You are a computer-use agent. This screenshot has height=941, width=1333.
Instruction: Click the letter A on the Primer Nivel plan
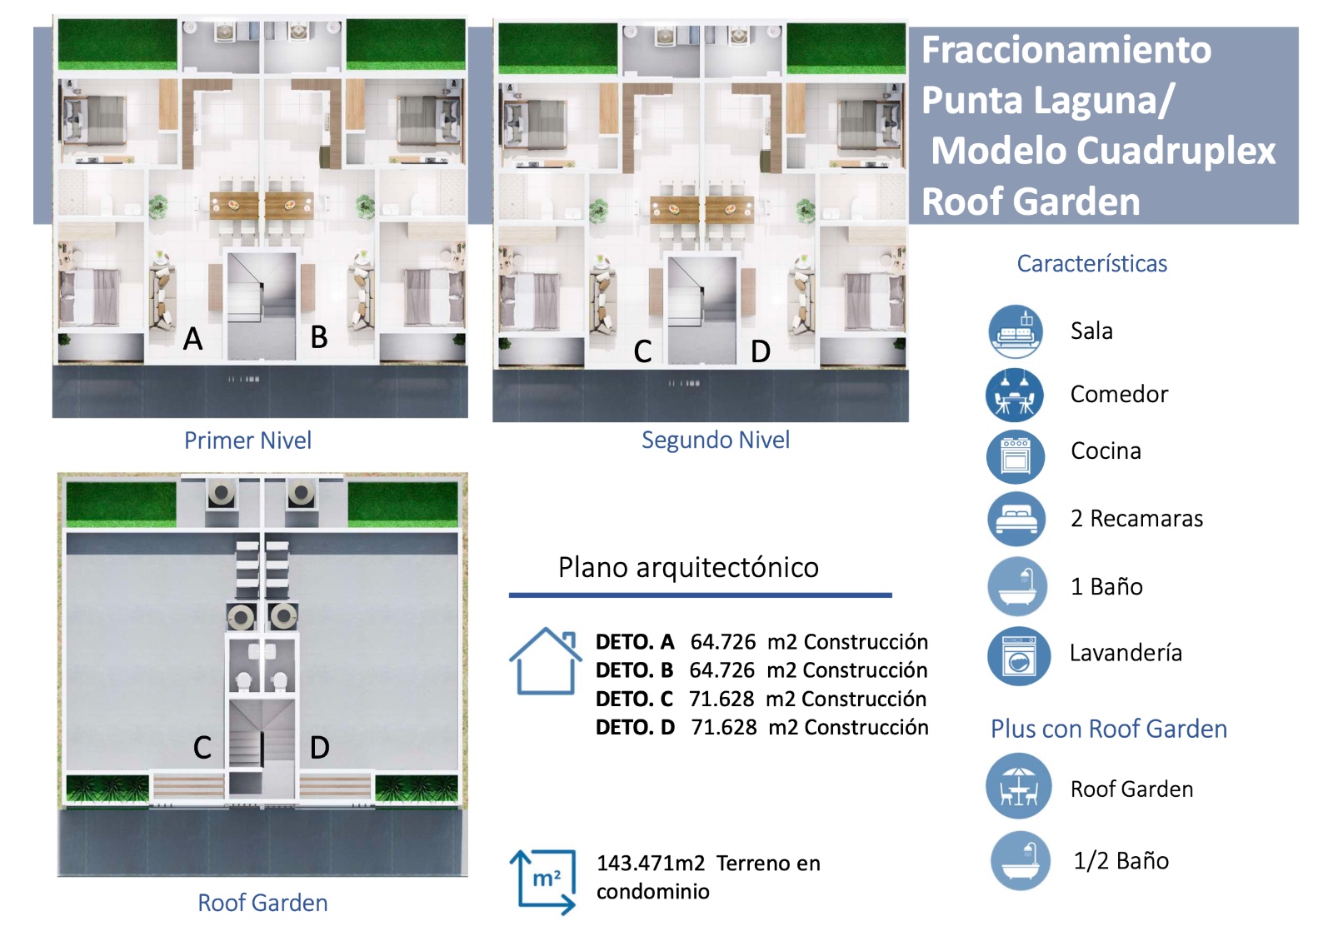(x=192, y=339)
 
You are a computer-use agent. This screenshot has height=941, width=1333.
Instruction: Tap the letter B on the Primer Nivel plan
(x=319, y=336)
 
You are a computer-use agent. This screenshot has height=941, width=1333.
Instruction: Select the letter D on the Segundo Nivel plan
(x=761, y=351)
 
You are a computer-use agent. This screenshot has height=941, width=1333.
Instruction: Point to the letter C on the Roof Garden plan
(x=202, y=747)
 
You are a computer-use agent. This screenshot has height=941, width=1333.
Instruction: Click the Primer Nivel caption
(x=247, y=441)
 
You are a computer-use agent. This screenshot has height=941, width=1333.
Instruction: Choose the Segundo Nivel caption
(x=716, y=441)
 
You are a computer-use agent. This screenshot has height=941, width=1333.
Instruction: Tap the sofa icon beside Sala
(x=1016, y=331)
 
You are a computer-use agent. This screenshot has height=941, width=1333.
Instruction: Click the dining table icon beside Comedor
(x=1015, y=395)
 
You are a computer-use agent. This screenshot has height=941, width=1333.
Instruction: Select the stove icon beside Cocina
(x=1016, y=457)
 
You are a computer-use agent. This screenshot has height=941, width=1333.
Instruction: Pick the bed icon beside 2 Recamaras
(x=1016, y=520)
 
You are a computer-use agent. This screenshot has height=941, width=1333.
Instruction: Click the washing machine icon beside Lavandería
(x=1019, y=655)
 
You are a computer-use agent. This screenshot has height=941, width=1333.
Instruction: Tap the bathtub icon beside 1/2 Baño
(x=1021, y=860)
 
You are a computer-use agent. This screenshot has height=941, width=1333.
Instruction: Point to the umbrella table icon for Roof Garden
(x=1019, y=786)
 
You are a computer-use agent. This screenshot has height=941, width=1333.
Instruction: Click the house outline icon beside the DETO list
(x=545, y=661)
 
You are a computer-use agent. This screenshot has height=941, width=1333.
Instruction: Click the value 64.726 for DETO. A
(x=723, y=642)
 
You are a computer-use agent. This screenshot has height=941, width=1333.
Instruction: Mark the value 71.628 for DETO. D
(x=724, y=727)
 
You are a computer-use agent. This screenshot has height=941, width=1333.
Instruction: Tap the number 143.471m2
(x=651, y=863)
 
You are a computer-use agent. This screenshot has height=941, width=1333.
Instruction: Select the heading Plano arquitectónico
(x=688, y=567)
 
